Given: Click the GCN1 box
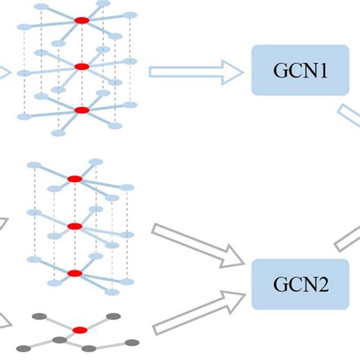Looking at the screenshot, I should point(294,70).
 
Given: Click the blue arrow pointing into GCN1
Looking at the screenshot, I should point(195,71).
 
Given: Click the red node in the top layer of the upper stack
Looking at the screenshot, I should point(82,21).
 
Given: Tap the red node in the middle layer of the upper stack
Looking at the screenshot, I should point(82,67).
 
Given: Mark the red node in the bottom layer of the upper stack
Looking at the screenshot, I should point(82,110).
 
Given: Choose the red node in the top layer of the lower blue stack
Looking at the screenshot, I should point(74,179).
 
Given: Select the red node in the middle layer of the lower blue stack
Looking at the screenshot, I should point(74,226).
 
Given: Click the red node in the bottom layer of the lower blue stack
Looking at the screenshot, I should point(74,273).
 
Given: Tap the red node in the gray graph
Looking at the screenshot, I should point(80,330).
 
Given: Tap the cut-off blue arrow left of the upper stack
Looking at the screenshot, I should point(4,73).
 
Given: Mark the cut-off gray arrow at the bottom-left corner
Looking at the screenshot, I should point(5,322).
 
